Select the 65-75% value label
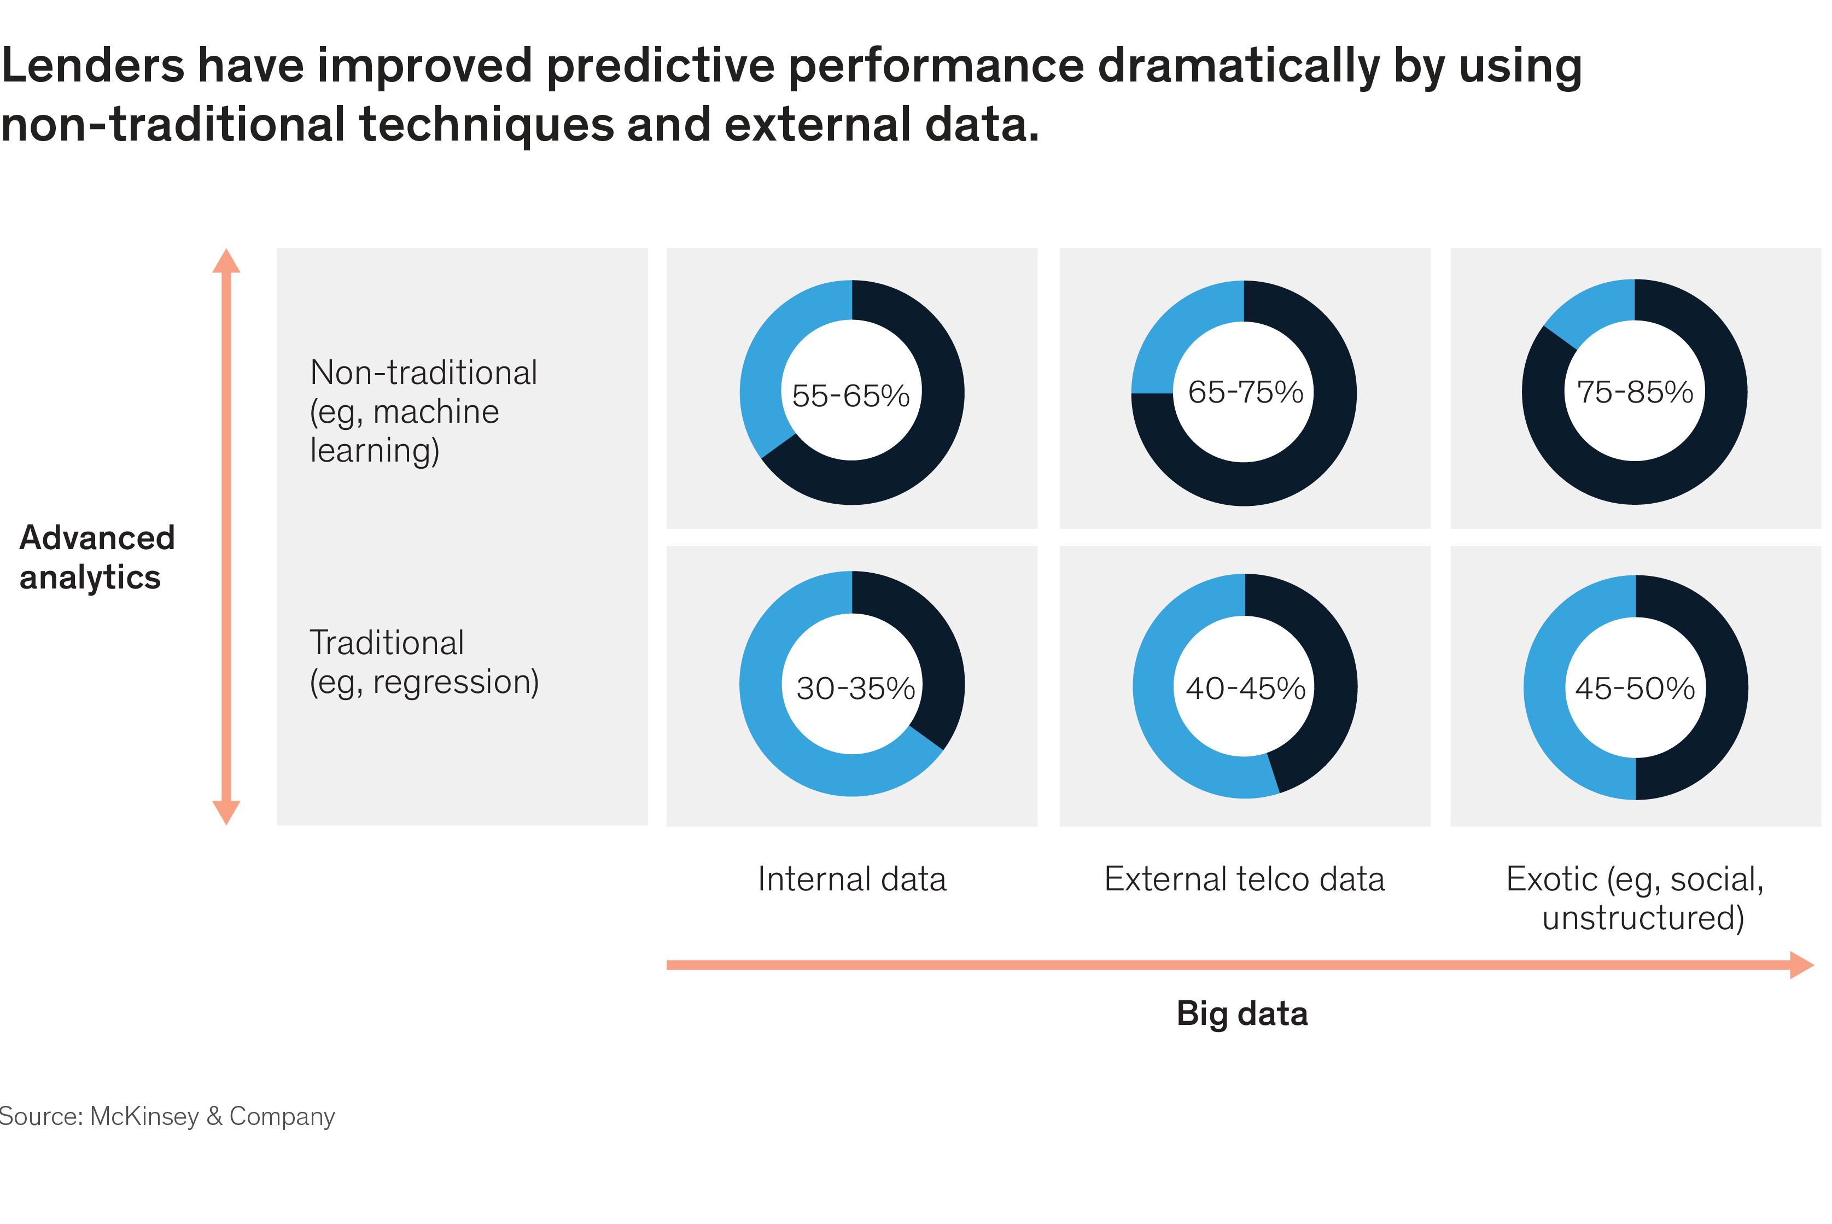pyautogui.click(x=1245, y=392)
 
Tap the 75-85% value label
pyautogui.click(x=1635, y=392)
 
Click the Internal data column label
pyautogui.click(x=851, y=879)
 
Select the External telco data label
pyautogui.click(x=1244, y=879)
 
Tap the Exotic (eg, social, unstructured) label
pyautogui.click(x=1635, y=897)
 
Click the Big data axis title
pyautogui.click(x=1242, y=1013)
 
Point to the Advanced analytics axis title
pyautogui.click(x=97, y=557)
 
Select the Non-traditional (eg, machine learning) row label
pyautogui.click(x=423, y=411)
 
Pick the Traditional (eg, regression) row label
pyautogui.click(x=424, y=662)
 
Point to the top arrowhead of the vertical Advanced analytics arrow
pyautogui.click(x=226, y=261)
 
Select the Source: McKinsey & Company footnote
pyautogui.click(x=167, y=1116)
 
